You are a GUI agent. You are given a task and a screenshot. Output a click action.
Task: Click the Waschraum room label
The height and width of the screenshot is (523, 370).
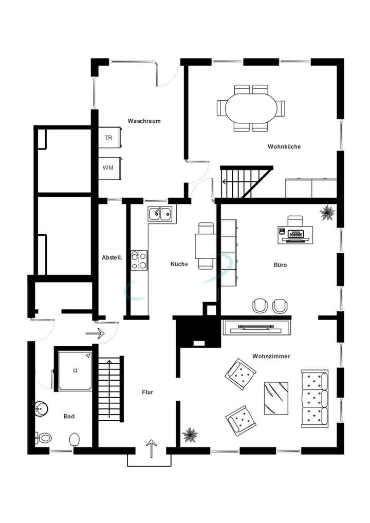(x=144, y=121)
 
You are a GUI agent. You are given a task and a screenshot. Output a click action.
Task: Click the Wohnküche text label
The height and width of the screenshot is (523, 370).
(x=284, y=146)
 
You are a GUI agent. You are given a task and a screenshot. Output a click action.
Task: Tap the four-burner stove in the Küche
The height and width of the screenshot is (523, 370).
(x=139, y=259)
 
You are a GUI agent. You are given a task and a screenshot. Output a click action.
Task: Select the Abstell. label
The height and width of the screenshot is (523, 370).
(x=112, y=258)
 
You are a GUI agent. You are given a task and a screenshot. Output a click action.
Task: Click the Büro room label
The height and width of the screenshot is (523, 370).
(x=280, y=265)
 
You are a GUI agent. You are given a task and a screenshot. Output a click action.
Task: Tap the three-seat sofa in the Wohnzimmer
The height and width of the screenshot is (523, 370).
(x=314, y=397)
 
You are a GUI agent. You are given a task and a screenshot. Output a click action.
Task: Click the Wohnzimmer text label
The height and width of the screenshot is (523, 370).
(x=271, y=356)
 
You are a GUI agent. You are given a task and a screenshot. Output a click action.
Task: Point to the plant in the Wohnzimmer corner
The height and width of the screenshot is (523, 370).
(x=190, y=435)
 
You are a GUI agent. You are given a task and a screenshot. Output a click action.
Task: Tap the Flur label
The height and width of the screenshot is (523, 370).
(x=147, y=392)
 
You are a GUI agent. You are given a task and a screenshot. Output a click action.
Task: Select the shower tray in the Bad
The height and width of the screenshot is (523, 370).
(x=75, y=370)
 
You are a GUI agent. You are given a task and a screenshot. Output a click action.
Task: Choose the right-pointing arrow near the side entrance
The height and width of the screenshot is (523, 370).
(x=95, y=333)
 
